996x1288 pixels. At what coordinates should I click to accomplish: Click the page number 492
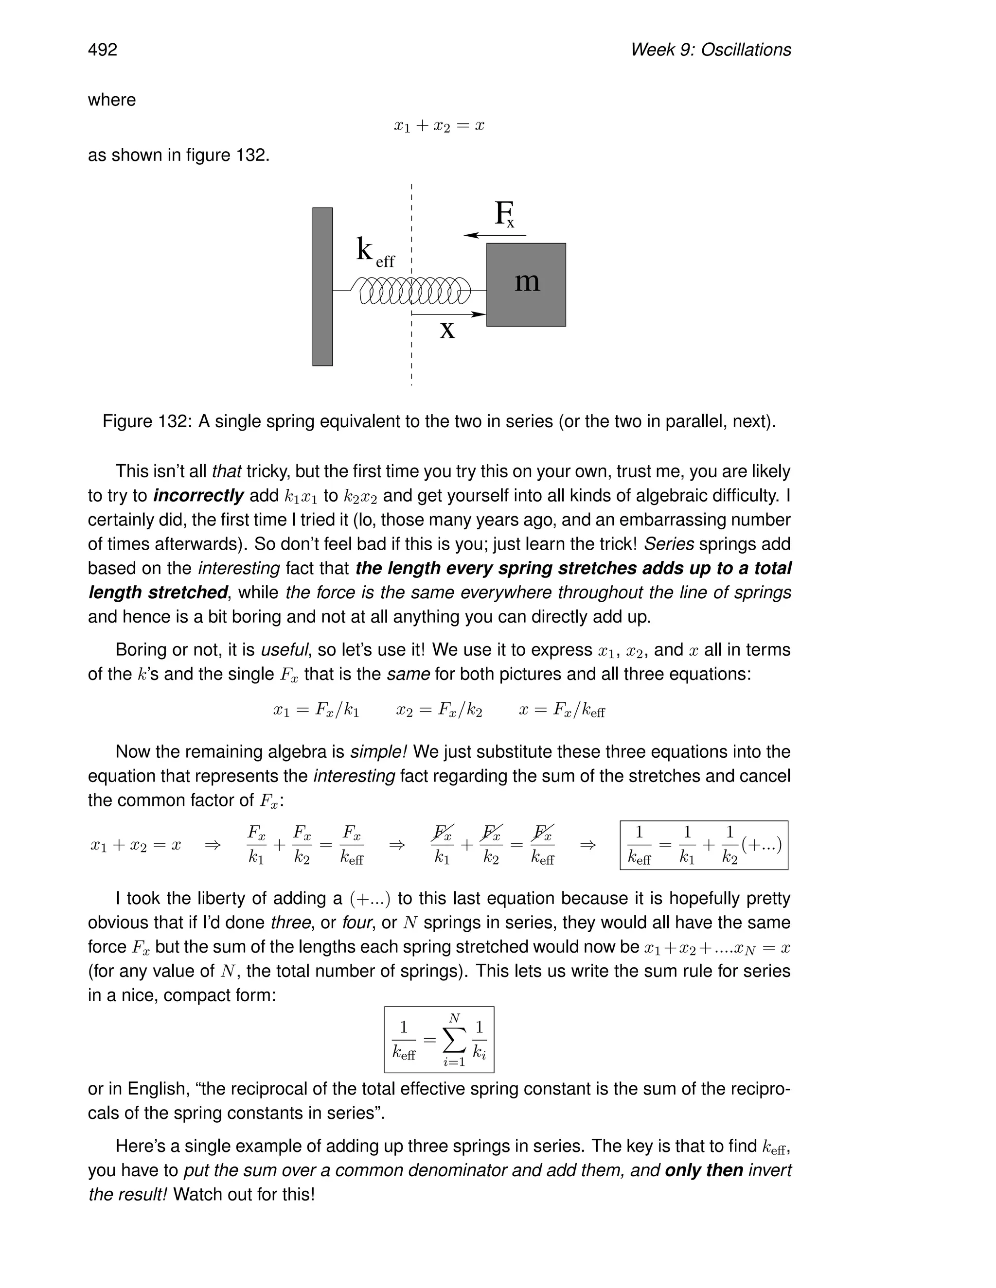pos(103,50)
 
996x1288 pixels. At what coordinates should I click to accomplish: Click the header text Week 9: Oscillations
pos(711,50)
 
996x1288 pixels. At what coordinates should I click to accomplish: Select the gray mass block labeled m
pos(526,284)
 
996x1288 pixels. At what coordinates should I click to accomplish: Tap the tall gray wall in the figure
pos(322,287)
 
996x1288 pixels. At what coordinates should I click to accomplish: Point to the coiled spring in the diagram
pos(413,291)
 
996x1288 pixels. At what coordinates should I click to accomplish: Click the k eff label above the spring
pos(374,252)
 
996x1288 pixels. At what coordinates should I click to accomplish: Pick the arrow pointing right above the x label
pos(448,315)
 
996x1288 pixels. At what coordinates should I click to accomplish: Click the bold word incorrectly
pos(198,496)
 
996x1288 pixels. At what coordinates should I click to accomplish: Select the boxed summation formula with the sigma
pos(439,1040)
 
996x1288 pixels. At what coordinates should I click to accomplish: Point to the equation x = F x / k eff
pos(562,711)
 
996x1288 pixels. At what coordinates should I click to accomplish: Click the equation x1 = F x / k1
pos(316,711)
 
